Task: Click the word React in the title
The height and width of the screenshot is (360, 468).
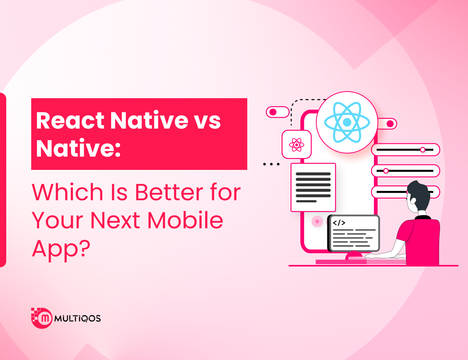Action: (x=70, y=120)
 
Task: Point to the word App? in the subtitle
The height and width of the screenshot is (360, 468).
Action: (x=61, y=250)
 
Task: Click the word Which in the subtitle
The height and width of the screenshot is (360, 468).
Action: (x=67, y=192)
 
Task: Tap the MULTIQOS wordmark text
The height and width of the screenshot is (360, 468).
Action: (x=78, y=318)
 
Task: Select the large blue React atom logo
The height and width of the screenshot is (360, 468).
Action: (x=347, y=122)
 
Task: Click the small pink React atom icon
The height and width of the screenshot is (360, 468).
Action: (x=296, y=145)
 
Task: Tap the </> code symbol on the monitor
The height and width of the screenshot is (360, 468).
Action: (x=339, y=222)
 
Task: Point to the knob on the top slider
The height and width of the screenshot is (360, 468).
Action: (x=422, y=150)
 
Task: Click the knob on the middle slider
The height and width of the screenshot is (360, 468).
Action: (x=386, y=171)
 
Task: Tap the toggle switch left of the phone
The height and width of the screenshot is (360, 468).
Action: (x=277, y=112)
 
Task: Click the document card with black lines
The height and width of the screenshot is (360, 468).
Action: (x=313, y=187)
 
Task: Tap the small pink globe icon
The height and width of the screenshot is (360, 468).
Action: (x=317, y=221)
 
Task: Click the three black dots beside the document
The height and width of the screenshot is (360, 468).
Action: (x=271, y=164)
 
